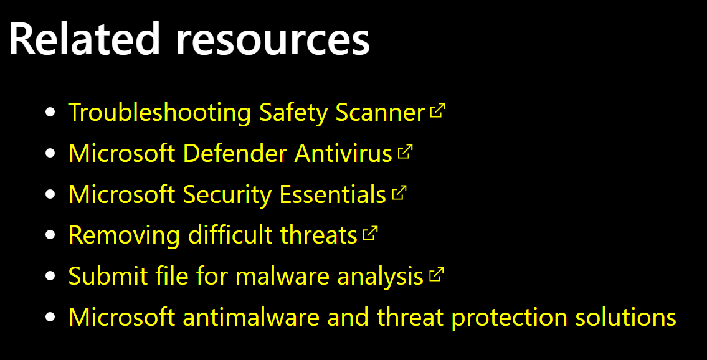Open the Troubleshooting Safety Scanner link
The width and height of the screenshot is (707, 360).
pos(247,113)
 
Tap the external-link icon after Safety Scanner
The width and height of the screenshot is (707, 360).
pos(438,111)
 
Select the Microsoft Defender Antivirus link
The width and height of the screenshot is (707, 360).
pos(230,154)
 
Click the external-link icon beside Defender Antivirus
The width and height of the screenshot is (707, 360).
pos(406,152)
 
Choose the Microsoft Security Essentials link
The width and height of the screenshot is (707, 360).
pos(227,194)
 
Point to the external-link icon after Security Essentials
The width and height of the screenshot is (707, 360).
pos(399,193)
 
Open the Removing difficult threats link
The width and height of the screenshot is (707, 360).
pos(213,235)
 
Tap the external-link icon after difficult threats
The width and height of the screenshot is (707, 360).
pos(371,234)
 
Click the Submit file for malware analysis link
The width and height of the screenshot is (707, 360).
pos(245,276)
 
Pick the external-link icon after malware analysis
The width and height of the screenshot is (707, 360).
pos(437,275)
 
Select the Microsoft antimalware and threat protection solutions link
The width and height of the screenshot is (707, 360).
pos(372,318)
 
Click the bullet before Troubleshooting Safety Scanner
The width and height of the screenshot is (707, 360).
pos(51,111)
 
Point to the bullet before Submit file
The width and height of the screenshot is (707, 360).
pos(51,275)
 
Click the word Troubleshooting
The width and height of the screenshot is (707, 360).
pos(159,113)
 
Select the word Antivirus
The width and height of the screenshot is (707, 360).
pos(343,154)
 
